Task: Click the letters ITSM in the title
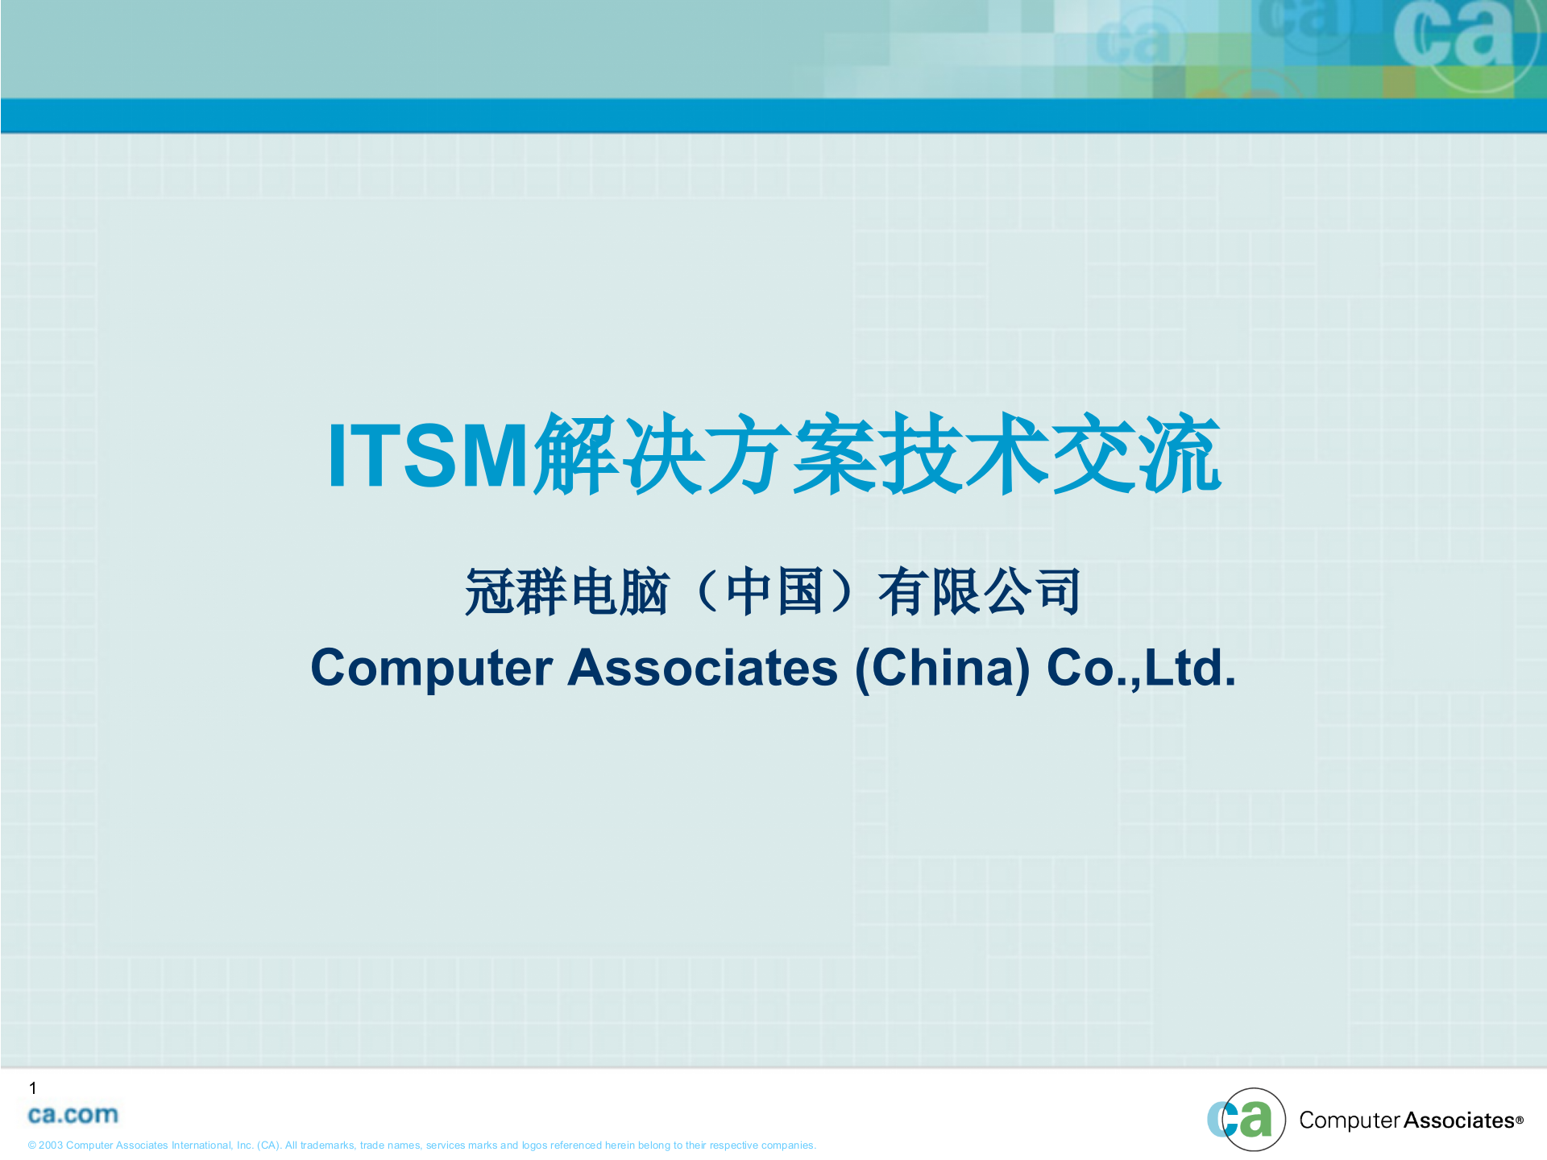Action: tap(427, 456)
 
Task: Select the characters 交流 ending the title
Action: tap(1136, 454)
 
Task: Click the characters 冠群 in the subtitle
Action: tap(516, 592)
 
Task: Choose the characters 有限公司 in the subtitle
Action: tap(979, 592)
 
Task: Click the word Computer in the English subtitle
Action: tap(432, 668)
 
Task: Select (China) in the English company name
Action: tap(942, 668)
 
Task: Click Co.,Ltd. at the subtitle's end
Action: tap(1141, 668)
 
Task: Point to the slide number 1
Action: tap(33, 1088)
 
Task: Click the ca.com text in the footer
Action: tap(73, 1115)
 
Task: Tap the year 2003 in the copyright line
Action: tap(51, 1145)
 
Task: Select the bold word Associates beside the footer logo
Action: tap(1458, 1121)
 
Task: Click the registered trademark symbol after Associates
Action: tap(1520, 1120)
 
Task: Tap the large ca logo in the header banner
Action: tap(1454, 36)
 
